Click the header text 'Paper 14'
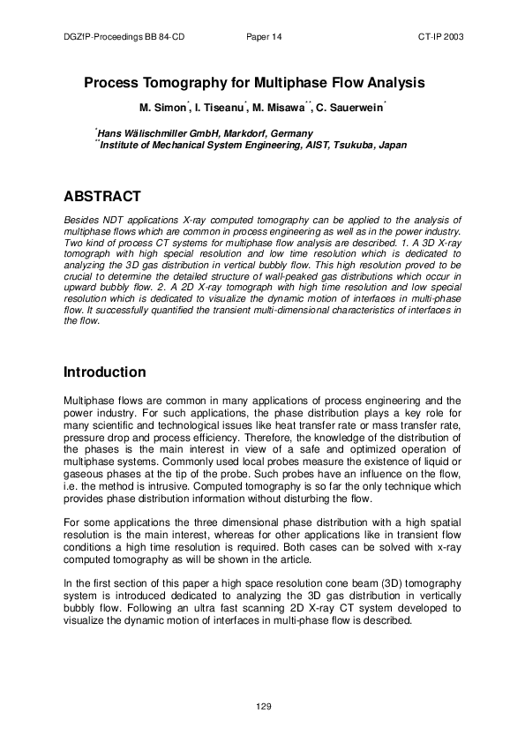click(264, 38)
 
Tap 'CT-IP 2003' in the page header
click(441, 38)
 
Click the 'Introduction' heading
click(105, 372)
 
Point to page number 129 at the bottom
click(263, 706)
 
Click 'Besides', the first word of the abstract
click(84, 217)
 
